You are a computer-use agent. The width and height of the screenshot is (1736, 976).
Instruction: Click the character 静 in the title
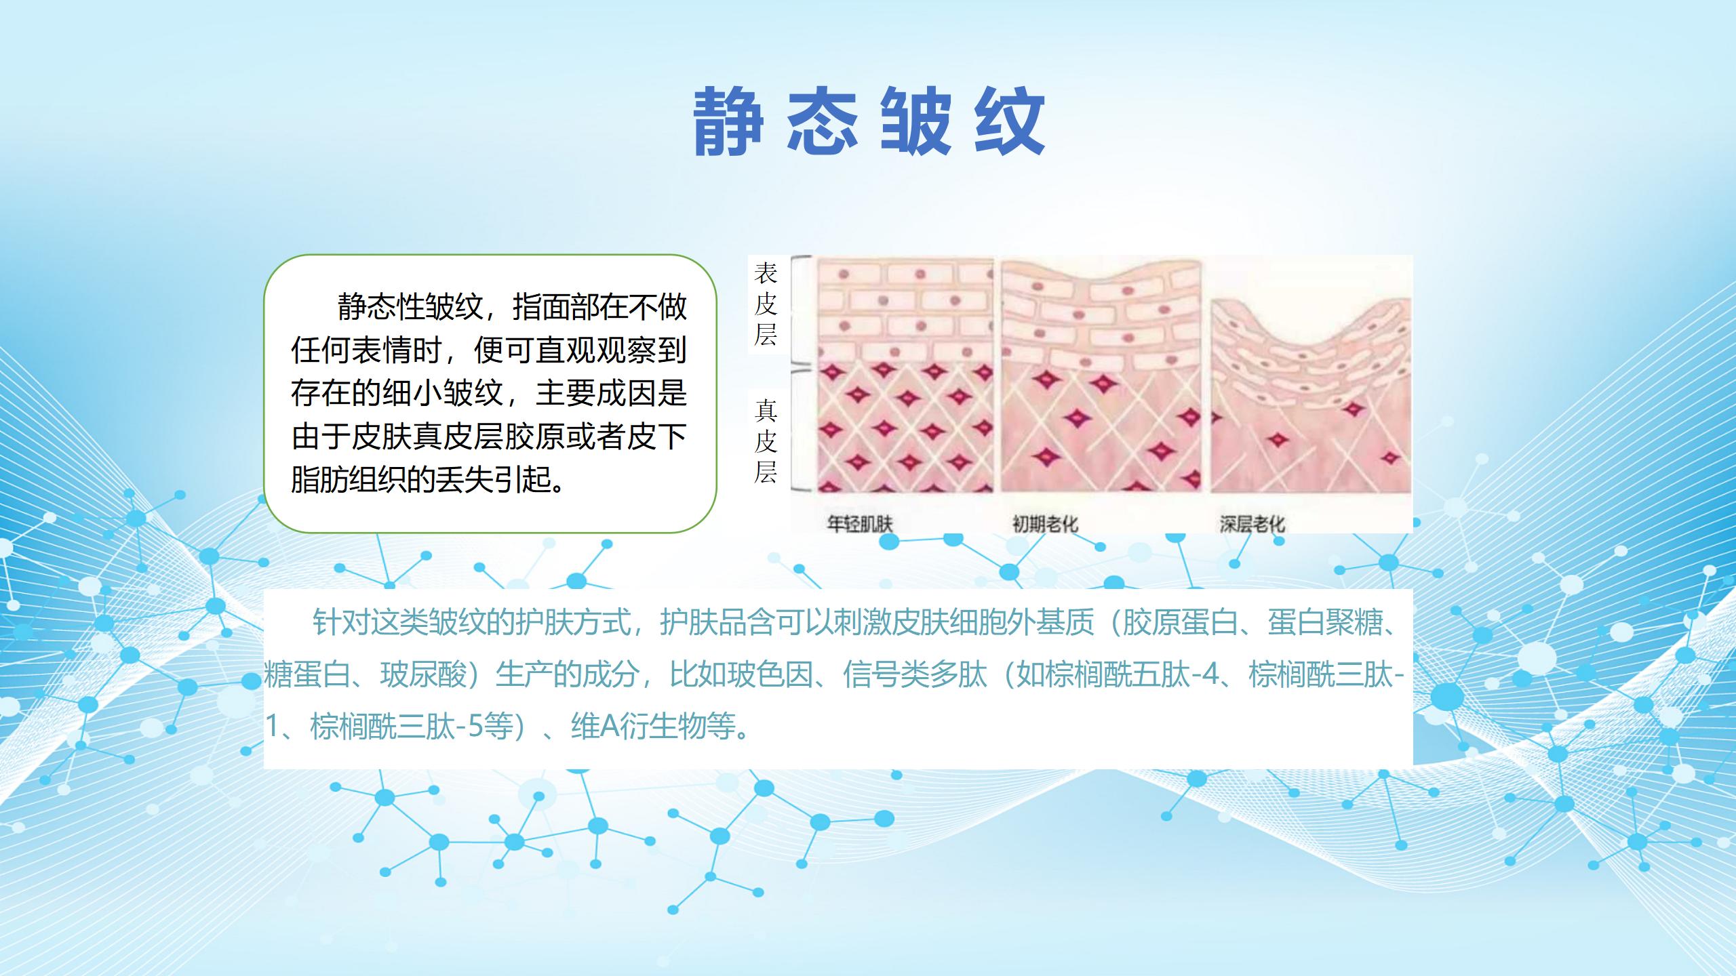[728, 123]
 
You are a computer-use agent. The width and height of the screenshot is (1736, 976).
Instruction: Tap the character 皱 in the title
[916, 123]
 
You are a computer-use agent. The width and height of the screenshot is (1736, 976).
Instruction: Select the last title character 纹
[1010, 123]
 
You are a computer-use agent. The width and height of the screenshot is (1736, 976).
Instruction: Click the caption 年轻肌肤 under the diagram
[860, 523]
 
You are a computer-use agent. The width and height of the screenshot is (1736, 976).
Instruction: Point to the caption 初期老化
[1045, 523]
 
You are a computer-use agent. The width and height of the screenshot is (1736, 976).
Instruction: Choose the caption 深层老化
[1252, 523]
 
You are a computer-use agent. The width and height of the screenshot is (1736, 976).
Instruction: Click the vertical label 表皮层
[766, 304]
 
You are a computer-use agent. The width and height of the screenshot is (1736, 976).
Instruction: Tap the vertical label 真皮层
[766, 441]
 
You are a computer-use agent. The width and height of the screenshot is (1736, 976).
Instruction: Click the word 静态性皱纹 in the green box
[410, 306]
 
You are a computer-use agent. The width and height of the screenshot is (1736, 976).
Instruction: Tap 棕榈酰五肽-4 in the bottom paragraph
[1131, 674]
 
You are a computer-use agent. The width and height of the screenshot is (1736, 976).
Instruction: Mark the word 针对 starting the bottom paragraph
[341, 622]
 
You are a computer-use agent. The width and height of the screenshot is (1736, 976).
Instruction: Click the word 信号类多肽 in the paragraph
[915, 674]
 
